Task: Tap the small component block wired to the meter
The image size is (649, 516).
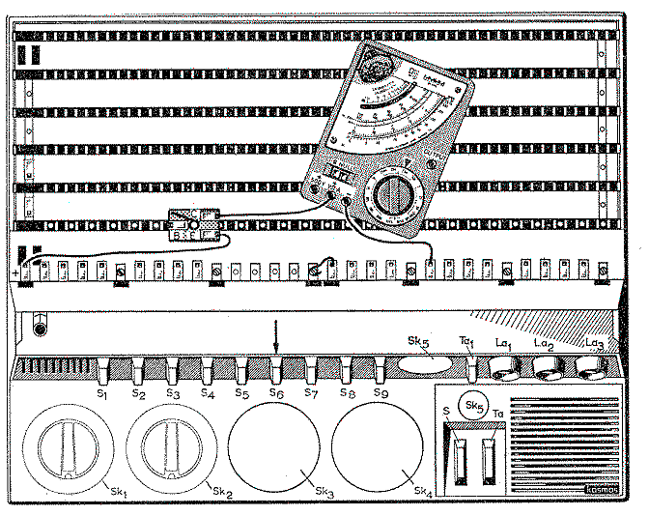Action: coord(195,224)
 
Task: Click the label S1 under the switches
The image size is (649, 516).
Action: coord(102,394)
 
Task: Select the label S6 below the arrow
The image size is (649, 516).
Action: coord(276,394)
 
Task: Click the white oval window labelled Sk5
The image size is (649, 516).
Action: coord(425,364)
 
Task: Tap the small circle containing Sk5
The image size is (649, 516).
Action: coord(473,404)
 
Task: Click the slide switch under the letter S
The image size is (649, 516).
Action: coord(458,454)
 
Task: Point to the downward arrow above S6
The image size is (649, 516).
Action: coord(276,338)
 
